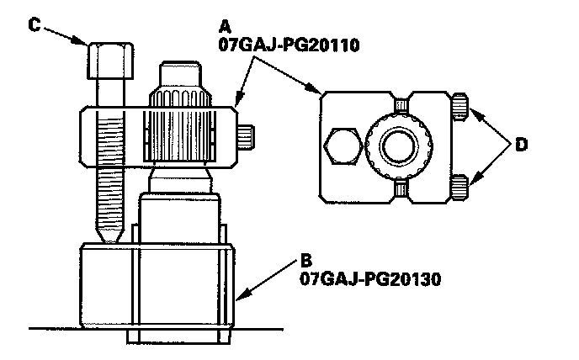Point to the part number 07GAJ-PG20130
pos(358,278)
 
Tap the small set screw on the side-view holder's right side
pos(247,136)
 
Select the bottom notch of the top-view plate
pos(401,189)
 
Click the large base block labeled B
pos(156,286)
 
